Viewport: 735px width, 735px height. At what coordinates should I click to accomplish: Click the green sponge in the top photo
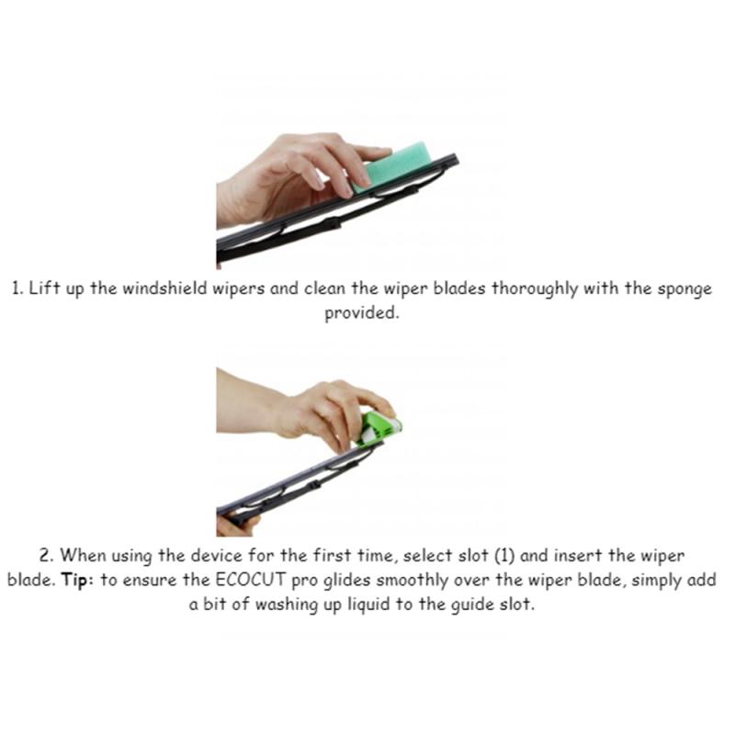click(390, 169)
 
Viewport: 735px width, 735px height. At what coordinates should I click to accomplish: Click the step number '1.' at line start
click(16, 288)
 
